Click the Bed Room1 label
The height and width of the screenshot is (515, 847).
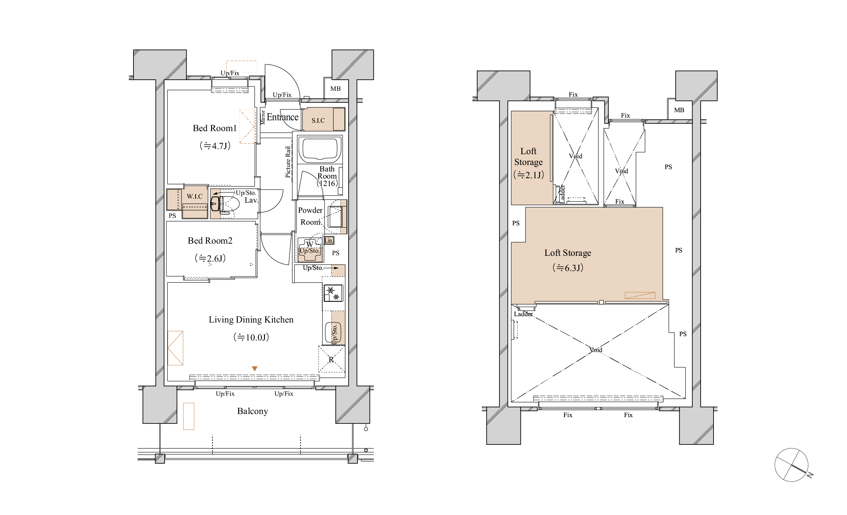214,128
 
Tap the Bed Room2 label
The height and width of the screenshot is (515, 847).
210,241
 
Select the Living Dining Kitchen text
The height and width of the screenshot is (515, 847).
251,320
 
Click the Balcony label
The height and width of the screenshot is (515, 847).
253,411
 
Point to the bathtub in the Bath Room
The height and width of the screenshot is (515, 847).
320,149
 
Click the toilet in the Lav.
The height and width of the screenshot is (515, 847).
229,204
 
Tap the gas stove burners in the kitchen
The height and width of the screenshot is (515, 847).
333,293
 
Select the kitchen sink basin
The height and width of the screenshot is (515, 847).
333,332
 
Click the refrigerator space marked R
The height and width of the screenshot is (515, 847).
331,359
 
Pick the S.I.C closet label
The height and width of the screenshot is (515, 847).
318,120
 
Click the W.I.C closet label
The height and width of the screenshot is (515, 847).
194,196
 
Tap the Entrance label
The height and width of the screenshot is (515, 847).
283,117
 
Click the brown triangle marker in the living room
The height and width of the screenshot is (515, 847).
254,369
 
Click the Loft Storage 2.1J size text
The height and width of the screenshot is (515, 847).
529,175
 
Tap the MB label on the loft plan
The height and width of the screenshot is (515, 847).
679,110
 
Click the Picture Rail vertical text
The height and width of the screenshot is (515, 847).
288,162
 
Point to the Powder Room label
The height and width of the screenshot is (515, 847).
310,216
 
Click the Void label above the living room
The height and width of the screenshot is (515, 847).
596,350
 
